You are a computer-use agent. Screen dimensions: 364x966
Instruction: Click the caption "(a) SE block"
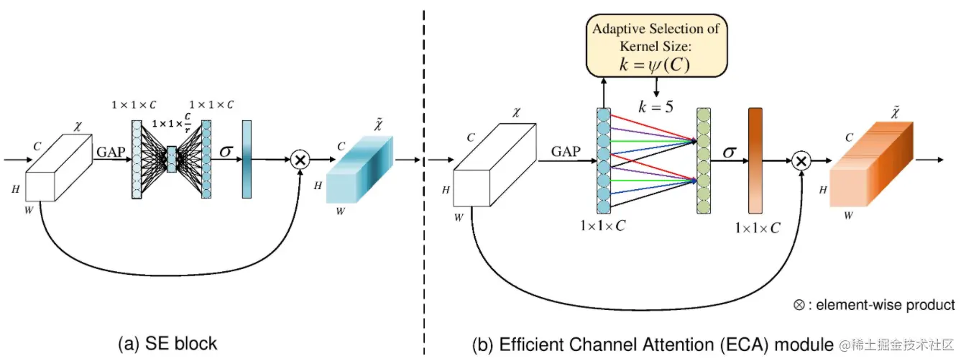tap(167, 344)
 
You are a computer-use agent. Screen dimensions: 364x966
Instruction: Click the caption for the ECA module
tap(652, 345)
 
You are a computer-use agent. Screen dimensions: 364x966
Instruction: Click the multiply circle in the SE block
tap(300, 160)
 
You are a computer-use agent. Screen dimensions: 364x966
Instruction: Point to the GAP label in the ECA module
tap(566, 152)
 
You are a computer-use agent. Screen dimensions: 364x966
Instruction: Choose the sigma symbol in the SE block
tap(226, 152)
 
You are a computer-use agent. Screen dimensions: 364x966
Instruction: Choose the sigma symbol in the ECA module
tap(730, 153)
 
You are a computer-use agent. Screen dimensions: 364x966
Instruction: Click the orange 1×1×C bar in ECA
tap(755, 160)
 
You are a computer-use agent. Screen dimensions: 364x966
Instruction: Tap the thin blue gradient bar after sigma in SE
tap(247, 160)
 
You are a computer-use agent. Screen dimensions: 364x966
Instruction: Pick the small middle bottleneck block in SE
tap(171, 159)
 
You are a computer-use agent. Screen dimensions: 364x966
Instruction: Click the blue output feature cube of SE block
tap(359, 173)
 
